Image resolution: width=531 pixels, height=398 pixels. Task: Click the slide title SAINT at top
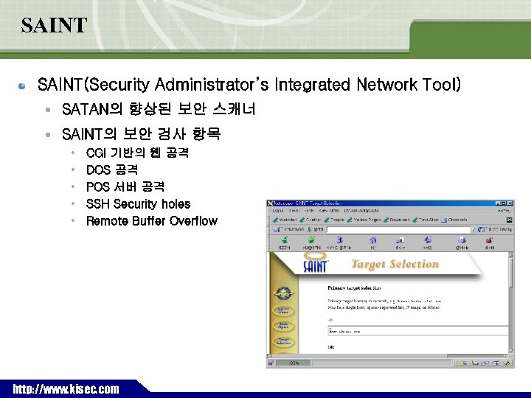(54, 27)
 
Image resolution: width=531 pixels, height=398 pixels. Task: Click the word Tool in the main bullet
(442, 85)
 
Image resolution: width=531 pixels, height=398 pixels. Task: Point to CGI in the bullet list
(96, 153)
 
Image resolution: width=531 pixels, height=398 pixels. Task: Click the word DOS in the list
(98, 170)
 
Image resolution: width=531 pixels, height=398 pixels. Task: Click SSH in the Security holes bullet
(98, 204)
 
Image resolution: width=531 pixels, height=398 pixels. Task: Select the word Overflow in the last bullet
(193, 221)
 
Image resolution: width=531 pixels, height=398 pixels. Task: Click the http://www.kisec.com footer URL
(66, 388)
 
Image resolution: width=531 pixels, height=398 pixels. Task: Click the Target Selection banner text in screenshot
(395, 265)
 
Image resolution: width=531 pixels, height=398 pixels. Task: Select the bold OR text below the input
(332, 346)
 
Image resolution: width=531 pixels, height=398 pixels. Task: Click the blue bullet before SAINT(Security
(24, 85)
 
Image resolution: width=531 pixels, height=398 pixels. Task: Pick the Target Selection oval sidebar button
(283, 341)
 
